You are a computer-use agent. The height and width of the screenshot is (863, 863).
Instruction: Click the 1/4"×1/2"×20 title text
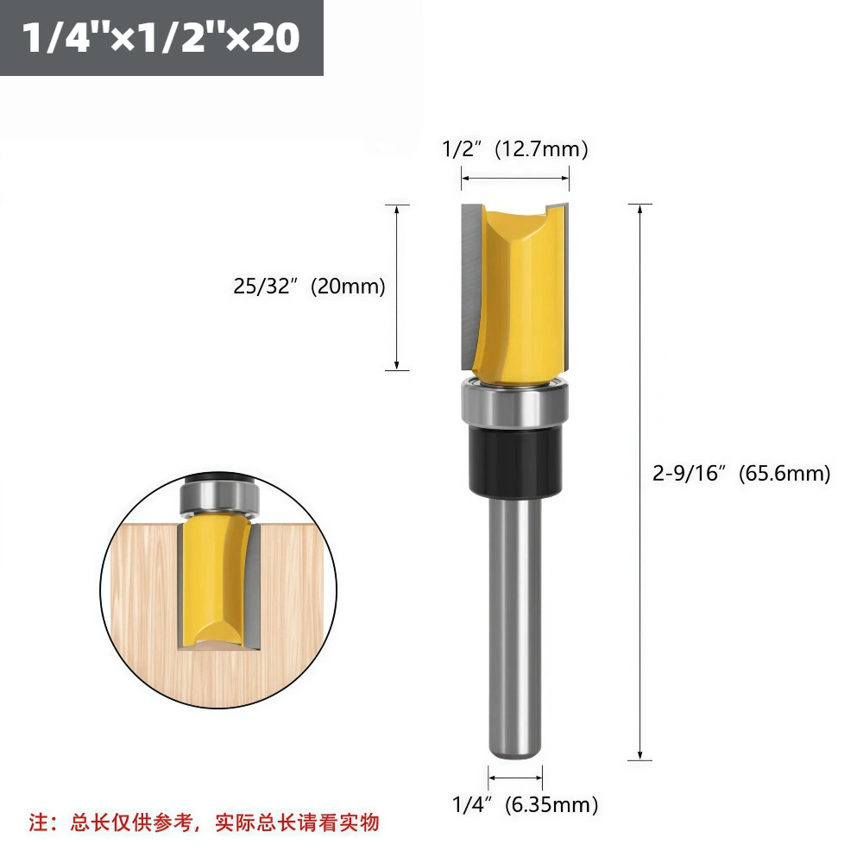coord(161,37)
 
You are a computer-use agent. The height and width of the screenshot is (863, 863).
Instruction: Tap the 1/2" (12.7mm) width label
coord(515,148)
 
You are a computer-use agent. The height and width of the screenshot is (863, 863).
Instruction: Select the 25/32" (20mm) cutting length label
coord(309,287)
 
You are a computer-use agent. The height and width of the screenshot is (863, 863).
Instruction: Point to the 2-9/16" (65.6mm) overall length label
coord(741,473)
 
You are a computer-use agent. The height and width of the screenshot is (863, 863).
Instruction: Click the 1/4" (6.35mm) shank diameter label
coord(525,804)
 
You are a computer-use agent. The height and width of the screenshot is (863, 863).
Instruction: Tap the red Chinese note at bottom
coord(205,822)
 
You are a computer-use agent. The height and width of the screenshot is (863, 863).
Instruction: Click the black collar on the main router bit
coord(515,461)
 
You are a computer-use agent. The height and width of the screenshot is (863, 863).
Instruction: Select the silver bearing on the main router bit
coord(514,405)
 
